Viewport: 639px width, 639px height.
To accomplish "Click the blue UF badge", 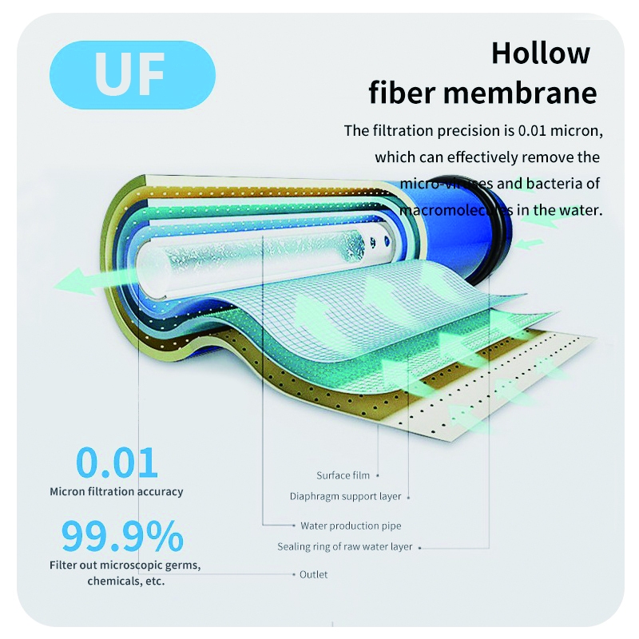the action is pos(133,75).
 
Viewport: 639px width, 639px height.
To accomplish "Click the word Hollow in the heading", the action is pos(541,54).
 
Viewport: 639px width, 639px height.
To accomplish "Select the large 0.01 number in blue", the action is pos(117,462).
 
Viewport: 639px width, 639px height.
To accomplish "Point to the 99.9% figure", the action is pos(122,537).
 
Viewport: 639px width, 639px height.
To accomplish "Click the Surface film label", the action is pos(343,476).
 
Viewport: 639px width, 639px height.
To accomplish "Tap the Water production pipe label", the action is pos(351,526).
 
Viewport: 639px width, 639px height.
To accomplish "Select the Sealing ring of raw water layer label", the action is pos(345,547).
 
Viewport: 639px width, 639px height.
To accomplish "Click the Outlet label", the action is pos(313,574).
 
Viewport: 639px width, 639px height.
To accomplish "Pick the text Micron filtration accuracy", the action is pos(117,492).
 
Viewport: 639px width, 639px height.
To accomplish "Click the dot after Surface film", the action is pos(378,476).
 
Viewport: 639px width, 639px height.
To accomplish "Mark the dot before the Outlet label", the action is pos(292,574).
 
